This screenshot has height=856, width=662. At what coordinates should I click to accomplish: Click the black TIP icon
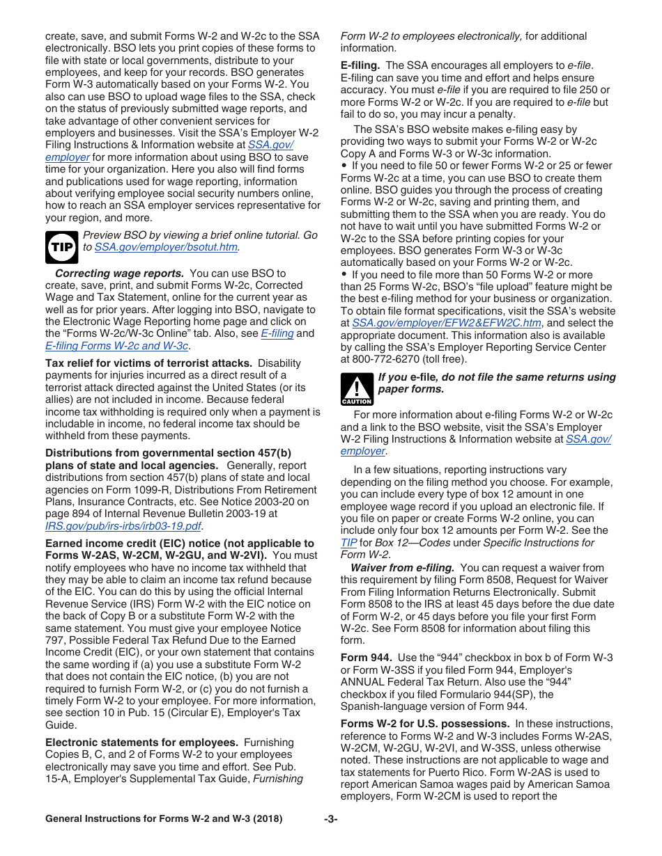[x=61, y=247]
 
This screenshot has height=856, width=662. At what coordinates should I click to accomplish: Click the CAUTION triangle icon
[x=356, y=389]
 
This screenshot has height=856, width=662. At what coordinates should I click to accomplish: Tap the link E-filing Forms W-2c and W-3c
[x=116, y=345]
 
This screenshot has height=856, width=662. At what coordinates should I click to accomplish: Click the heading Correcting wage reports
[x=119, y=273]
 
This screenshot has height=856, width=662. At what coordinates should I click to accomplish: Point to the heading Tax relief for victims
[x=148, y=363]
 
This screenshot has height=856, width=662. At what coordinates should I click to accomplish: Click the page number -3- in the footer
[x=330, y=819]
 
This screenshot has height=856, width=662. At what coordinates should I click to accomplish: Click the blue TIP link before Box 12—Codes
[x=348, y=542]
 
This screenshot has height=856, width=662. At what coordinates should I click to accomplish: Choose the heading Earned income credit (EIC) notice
[x=180, y=544]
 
